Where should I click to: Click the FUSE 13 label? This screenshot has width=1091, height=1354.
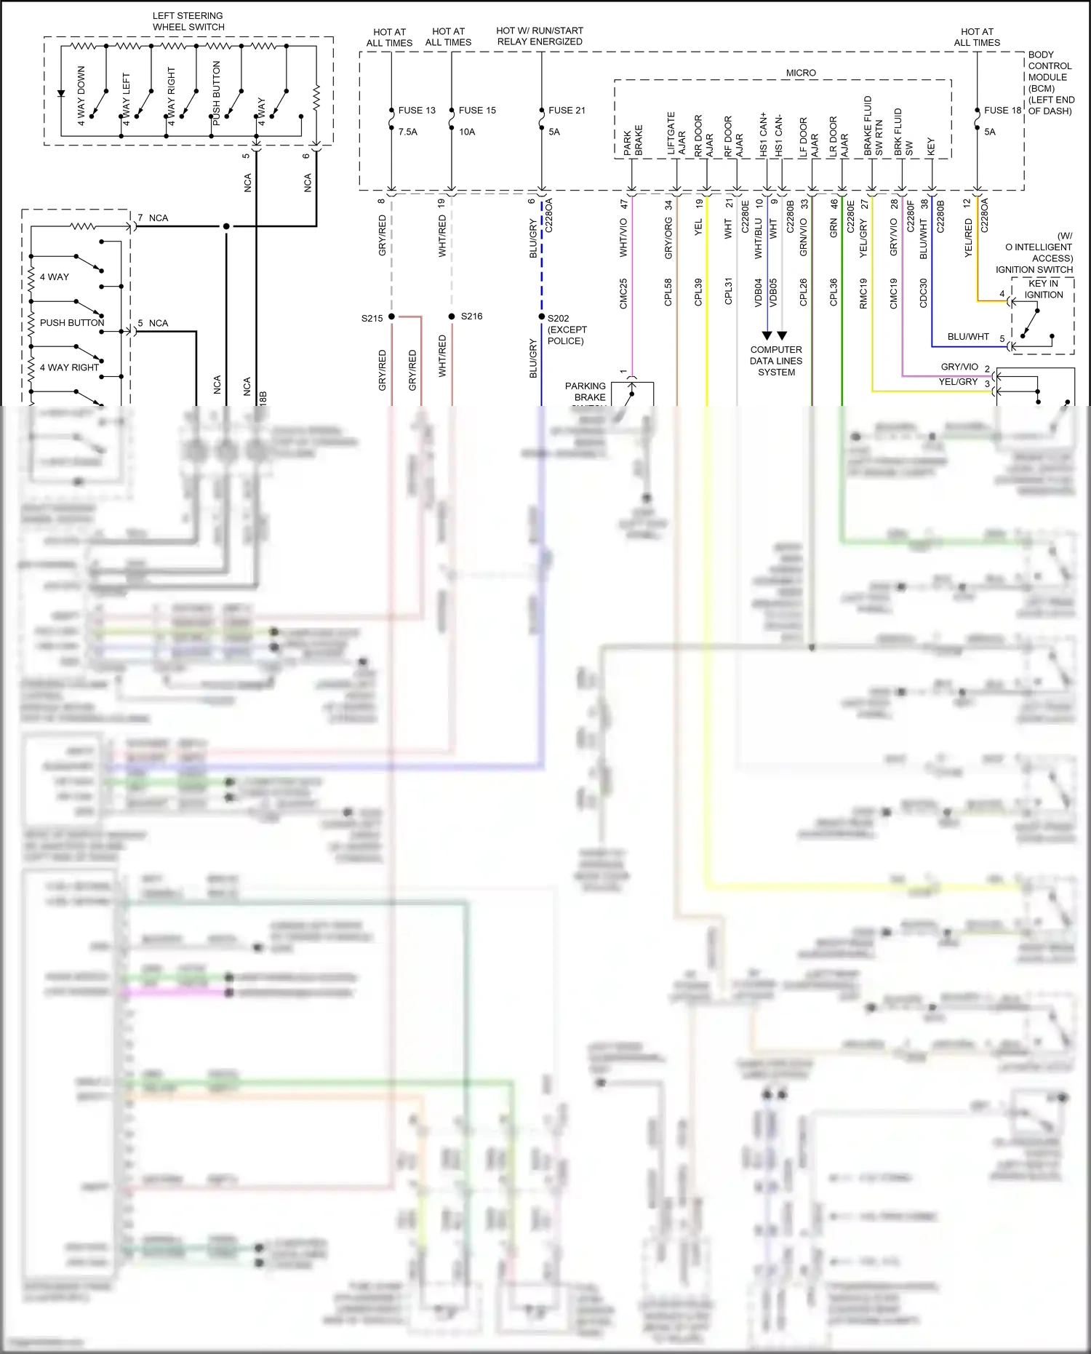click(x=417, y=111)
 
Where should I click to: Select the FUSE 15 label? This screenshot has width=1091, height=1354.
click(x=477, y=111)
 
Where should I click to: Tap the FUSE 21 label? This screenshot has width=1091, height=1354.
click(x=567, y=111)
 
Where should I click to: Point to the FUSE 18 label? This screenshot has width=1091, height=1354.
click(x=1002, y=111)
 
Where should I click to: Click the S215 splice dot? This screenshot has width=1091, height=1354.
click(x=391, y=316)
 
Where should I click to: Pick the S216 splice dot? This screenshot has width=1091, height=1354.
click(x=452, y=316)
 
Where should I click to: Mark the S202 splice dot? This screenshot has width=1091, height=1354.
click(x=542, y=316)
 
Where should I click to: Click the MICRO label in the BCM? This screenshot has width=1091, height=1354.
click(x=801, y=73)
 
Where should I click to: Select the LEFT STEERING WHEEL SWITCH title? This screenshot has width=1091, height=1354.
click(x=188, y=21)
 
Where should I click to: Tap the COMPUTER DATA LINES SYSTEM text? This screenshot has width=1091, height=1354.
click(x=776, y=361)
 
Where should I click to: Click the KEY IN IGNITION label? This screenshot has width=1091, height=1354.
click(x=1043, y=289)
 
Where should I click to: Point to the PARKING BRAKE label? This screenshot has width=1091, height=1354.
click(x=586, y=391)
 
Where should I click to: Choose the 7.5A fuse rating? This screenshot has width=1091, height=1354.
click(x=408, y=132)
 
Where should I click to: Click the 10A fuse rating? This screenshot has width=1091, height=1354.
click(x=467, y=132)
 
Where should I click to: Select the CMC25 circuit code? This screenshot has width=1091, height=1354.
click(x=623, y=293)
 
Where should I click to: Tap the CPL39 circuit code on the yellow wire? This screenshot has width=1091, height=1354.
click(x=698, y=292)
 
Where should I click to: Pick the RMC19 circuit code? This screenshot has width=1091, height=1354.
click(x=863, y=293)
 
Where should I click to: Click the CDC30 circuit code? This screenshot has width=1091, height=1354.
click(x=924, y=293)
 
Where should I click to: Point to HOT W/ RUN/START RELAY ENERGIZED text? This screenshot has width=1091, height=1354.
click(x=540, y=36)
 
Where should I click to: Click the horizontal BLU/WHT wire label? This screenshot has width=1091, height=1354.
click(x=968, y=337)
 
